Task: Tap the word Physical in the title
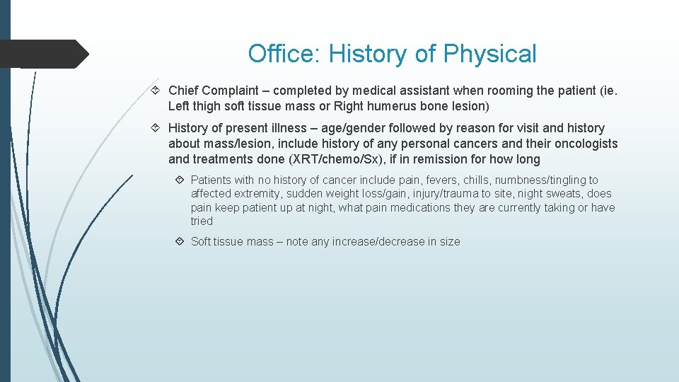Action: [x=489, y=54]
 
